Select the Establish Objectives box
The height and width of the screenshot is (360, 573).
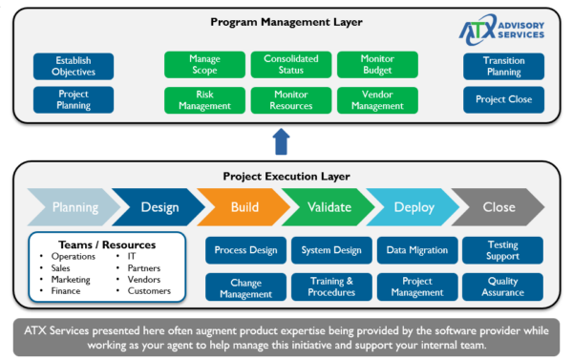point(74,66)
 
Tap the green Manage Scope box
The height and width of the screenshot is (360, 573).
point(205,65)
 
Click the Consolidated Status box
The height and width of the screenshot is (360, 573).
point(291,65)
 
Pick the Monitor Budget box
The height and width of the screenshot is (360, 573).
point(377,65)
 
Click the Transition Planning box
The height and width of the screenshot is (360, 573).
point(503,66)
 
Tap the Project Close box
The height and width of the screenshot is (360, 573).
point(503,100)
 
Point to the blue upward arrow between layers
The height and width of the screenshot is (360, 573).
point(281,141)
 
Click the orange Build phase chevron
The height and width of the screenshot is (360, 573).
point(244,207)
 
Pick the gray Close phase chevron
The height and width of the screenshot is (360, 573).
point(499,207)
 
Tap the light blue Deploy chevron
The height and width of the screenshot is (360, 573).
point(414,207)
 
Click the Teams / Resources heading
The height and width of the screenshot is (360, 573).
point(105,244)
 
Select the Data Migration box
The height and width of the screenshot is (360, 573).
point(416,251)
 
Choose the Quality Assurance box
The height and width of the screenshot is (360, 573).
point(502,287)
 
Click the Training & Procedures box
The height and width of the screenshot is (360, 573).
point(330,287)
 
